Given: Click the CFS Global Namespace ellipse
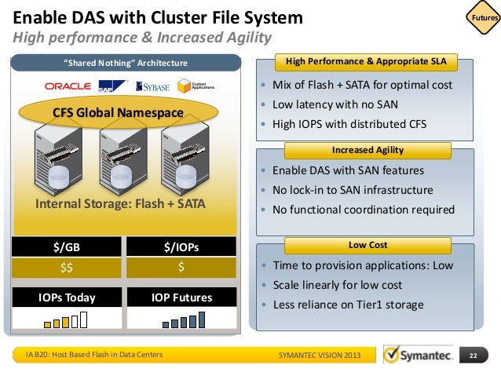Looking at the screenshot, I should pyautogui.click(x=118, y=112).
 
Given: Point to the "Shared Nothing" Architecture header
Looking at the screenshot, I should pyautogui.click(x=125, y=63).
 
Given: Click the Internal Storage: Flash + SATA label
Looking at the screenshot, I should pyautogui.click(x=121, y=205).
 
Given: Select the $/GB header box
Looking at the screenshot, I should pyautogui.click(x=67, y=247).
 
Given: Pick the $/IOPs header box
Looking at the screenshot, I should pyautogui.click(x=181, y=247).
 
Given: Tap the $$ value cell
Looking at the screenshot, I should pyautogui.click(x=67, y=267).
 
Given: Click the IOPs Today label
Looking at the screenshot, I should pyautogui.click(x=67, y=298).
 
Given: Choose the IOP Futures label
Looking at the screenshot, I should pyautogui.click(x=181, y=298).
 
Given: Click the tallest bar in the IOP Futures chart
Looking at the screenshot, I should pyautogui.click(x=201, y=319).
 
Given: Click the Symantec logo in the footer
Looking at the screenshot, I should pyautogui.click(x=416, y=356).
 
